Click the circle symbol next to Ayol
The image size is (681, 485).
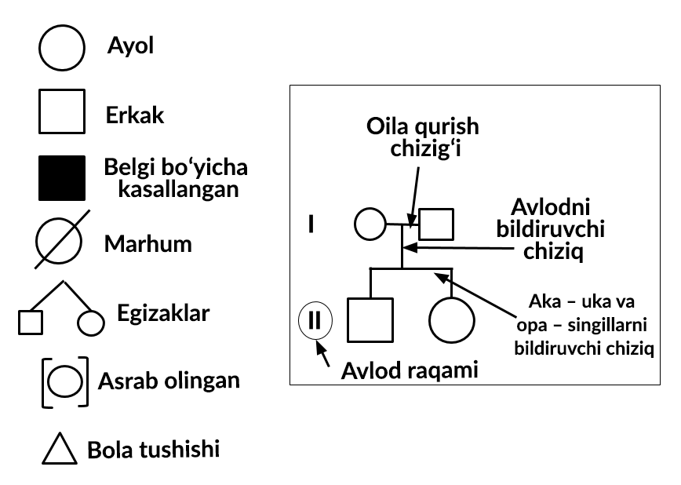pyautogui.click(x=62, y=48)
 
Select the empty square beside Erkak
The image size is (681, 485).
pyautogui.click(x=62, y=112)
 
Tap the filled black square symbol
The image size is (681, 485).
pyautogui.click(x=62, y=178)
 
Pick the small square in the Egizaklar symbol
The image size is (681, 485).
pyautogui.click(x=31, y=323)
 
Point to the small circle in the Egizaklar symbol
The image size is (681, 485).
pyautogui.click(x=90, y=323)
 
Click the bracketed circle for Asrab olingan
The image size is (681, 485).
pyautogui.click(x=65, y=381)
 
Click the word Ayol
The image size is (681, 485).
pyautogui.click(x=130, y=46)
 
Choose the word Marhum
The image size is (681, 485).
pyautogui.click(x=147, y=243)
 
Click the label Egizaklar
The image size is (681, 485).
pyautogui.click(x=163, y=314)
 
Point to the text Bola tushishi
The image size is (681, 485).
pyautogui.click(x=153, y=450)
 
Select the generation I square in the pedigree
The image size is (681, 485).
pyautogui.click(x=436, y=224)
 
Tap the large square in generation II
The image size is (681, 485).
pyautogui.click(x=370, y=319)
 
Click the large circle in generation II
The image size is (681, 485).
pyautogui.click(x=452, y=319)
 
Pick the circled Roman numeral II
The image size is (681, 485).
pyautogui.click(x=315, y=320)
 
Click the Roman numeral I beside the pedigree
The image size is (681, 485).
pyautogui.click(x=311, y=224)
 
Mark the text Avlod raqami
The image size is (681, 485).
pyautogui.click(x=410, y=370)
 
